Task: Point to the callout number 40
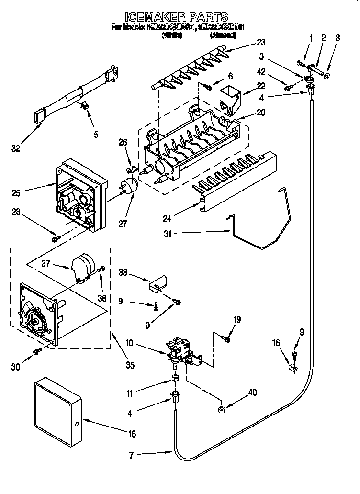pyautogui.click(x=252, y=393)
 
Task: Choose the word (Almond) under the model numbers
pyautogui.click(x=223, y=35)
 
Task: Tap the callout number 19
pyautogui.click(x=236, y=320)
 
